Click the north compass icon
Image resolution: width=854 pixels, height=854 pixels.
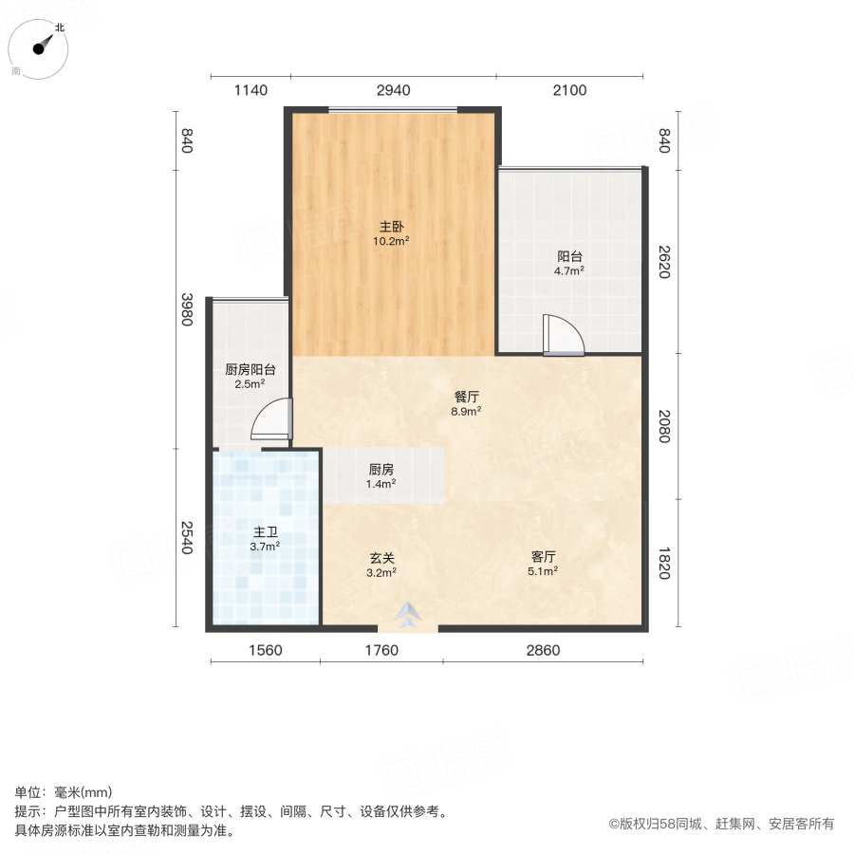[x=41, y=46]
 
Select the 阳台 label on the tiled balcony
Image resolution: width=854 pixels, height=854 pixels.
[x=569, y=256]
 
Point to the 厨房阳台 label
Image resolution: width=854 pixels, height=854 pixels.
[x=251, y=370]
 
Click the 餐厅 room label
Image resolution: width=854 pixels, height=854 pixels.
[x=466, y=399]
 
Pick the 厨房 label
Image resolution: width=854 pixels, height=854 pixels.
[x=381, y=470]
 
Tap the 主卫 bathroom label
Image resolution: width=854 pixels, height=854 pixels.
[x=265, y=532]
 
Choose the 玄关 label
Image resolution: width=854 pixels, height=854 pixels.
[x=381, y=558]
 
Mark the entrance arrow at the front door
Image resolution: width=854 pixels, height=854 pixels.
[x=408, y=616]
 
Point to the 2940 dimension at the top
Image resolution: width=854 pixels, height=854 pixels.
[x=394, y=90]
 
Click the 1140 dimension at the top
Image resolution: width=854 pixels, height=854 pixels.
[x=251, y=90]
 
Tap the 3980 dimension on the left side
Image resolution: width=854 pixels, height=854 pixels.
[x=187, y=309]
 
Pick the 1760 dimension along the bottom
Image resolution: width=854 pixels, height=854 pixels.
[x=381, y=650]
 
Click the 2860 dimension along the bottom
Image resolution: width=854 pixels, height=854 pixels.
[x=544, y=650]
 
